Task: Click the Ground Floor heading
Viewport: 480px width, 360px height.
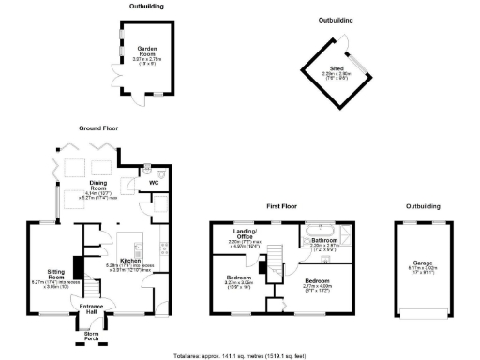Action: [102, 127]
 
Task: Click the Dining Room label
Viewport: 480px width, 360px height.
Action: [99, 183]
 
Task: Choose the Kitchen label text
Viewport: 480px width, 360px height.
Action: [130, 263]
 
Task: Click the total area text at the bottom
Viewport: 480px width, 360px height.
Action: [239, 355]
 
